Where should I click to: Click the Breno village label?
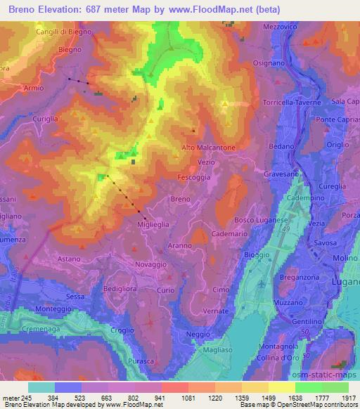(181, 200)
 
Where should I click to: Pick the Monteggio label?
(53, 309)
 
